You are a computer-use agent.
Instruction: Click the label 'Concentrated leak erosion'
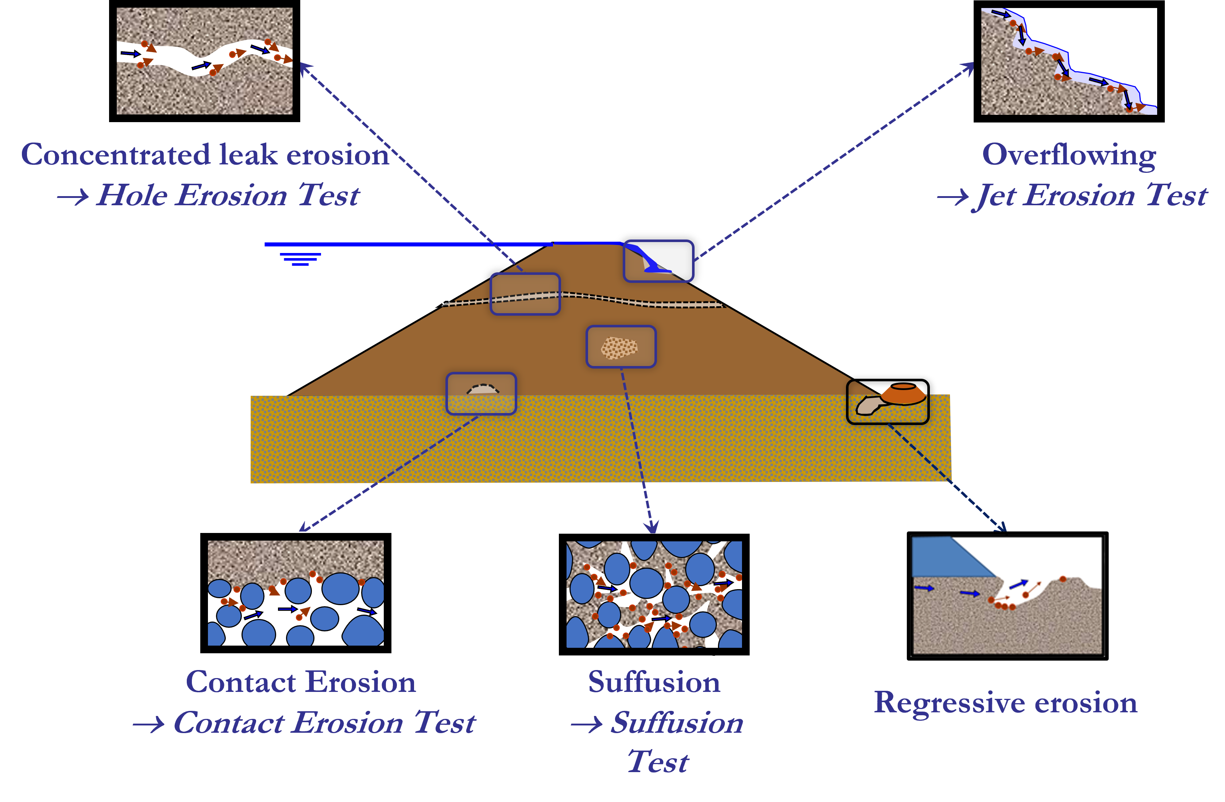click(x=205, y=154)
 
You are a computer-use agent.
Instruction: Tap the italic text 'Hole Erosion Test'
click(x=228, y=195)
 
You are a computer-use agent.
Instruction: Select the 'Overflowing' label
click(x=1069, y=154)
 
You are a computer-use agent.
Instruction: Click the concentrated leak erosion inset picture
click(x=204, y=61)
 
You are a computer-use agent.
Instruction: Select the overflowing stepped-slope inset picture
click(x=1069, y=62)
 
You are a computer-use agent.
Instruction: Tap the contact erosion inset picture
click(x=295, y=593)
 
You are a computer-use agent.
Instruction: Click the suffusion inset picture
click(x=654, y=594)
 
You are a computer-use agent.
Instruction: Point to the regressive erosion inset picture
click(x=1007, y=595)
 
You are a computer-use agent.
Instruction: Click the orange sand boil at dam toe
click(x=903, y=394)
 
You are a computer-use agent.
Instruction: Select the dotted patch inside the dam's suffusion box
click(x=619, y=348)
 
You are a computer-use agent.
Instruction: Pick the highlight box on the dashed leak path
click(x=525, y=294)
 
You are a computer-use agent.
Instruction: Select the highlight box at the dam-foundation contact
click(x=481, y=394)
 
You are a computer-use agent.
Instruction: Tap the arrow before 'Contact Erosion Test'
click(x=148, y=725)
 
